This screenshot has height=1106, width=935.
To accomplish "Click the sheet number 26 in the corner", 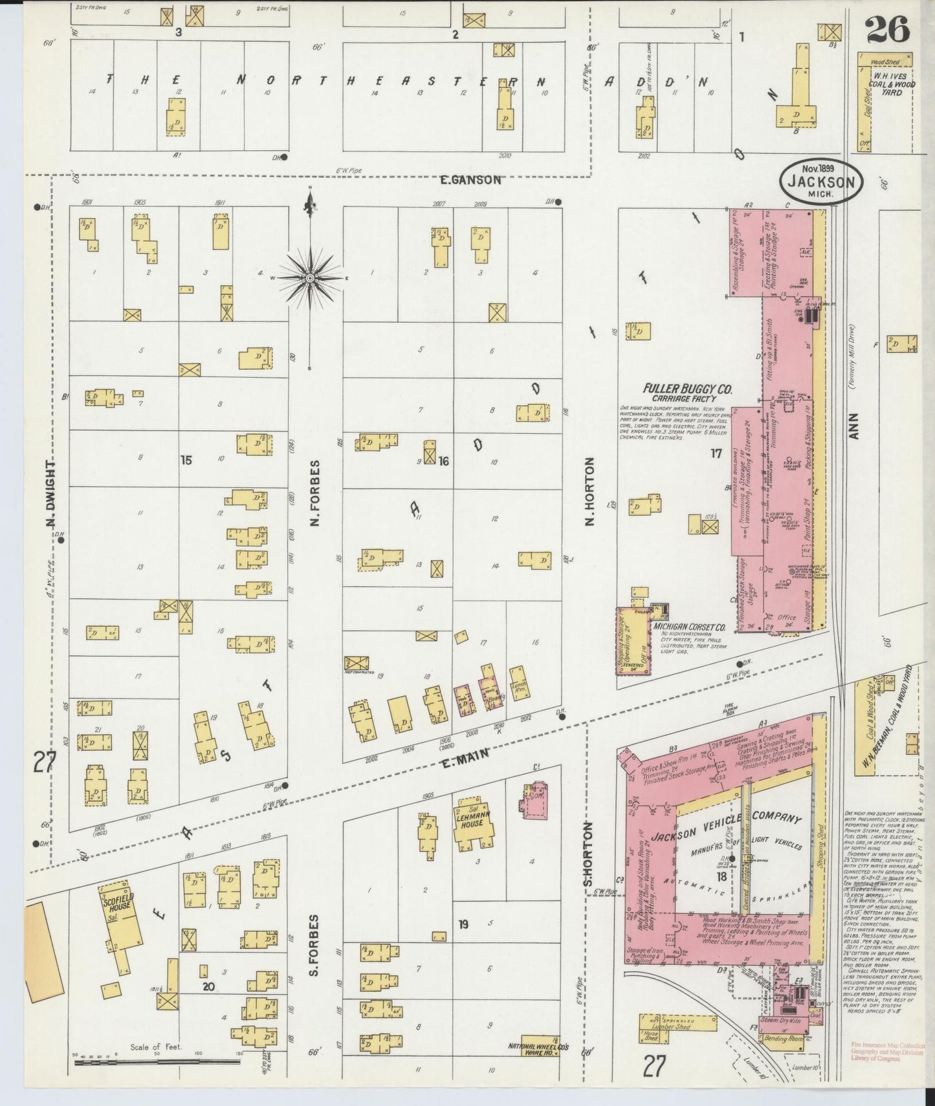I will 888,28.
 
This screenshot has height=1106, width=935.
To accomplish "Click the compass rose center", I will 311,277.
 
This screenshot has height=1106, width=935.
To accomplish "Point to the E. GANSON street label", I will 470,180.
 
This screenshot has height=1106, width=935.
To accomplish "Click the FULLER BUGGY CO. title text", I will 687,389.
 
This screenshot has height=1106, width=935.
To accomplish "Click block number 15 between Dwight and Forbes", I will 186,461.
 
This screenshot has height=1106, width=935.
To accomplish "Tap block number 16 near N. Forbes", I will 443,461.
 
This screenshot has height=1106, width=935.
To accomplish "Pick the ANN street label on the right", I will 853,427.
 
